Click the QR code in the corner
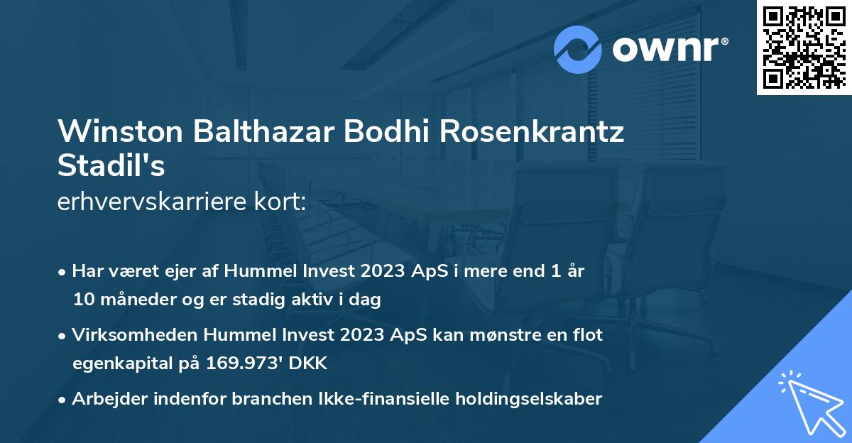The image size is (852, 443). [803, 48]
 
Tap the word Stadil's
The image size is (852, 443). [111, 166]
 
